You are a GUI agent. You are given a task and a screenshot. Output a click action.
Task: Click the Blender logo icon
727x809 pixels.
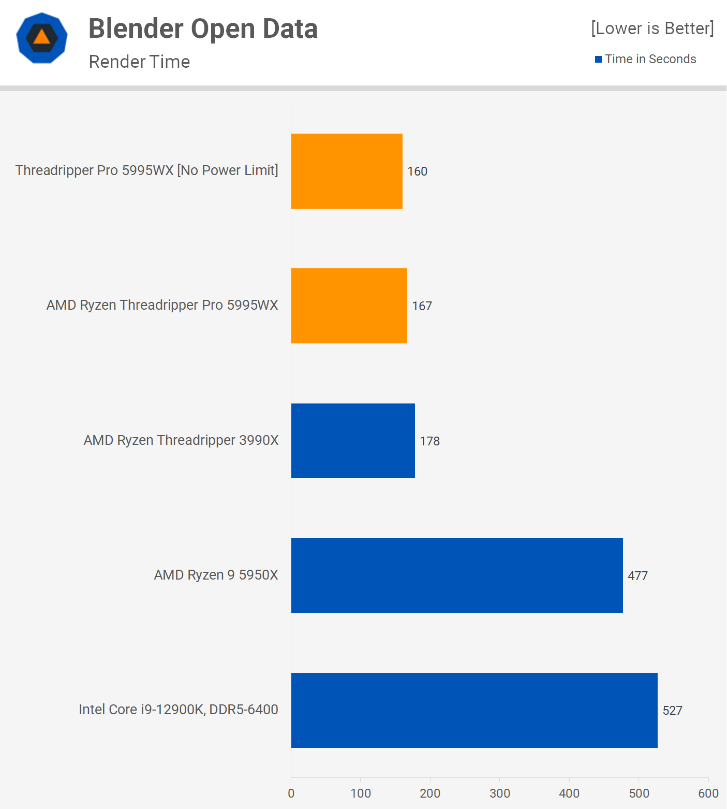point(42,38)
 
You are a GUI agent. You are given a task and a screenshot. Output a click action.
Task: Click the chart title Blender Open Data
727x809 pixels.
point(203,28)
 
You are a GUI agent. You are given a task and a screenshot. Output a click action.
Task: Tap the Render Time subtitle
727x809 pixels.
point(139,62)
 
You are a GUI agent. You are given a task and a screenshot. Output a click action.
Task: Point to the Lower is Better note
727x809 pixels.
point(652,28)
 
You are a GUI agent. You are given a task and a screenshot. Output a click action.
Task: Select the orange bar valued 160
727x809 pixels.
point(347,171)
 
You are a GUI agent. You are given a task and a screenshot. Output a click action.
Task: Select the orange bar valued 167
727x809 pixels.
point(349,306)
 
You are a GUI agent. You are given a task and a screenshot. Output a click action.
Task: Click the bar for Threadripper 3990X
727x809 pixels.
point(353,441)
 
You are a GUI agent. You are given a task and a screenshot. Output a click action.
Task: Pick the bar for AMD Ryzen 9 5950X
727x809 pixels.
point(457,575)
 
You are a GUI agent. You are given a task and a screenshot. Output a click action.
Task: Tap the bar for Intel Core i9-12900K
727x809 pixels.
point(474,710)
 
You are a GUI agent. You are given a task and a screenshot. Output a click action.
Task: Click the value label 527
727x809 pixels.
point(672,711)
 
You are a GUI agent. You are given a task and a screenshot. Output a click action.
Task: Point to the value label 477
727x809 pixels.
point(637,576)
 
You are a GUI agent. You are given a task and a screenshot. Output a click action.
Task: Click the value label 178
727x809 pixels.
point(429,441)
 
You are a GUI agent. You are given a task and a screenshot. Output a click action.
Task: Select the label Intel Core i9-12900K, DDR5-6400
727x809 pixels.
point(179,710)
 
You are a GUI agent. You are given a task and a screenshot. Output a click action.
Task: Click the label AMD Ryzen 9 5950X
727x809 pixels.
point(216,575)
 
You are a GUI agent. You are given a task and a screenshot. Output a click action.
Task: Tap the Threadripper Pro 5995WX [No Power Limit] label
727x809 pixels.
point(147,170)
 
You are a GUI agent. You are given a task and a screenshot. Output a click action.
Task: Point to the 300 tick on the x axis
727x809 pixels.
point(500,793)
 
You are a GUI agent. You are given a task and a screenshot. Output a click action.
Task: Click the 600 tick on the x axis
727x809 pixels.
point(708,793)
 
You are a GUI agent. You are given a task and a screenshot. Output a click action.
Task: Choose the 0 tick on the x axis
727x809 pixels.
point(291,793)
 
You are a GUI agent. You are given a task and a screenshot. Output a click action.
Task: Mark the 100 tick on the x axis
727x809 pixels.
point(361,793)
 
